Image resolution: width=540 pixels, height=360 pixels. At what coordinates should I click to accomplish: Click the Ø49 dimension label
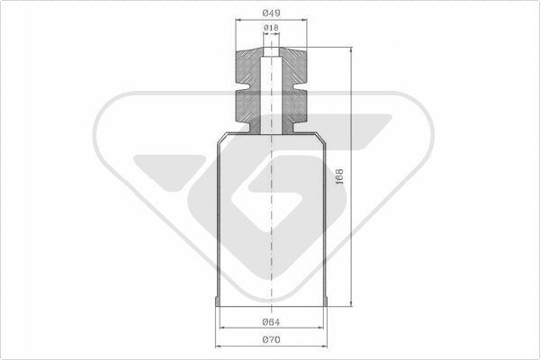pos(272,13)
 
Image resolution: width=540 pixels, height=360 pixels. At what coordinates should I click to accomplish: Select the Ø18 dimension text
pos(271,28)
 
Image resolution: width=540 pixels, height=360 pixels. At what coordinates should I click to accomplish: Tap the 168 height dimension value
pos(339,176)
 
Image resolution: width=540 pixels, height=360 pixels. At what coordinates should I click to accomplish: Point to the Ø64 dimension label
pos(272,322)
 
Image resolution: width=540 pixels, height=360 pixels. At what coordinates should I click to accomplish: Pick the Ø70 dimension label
pos(272,339)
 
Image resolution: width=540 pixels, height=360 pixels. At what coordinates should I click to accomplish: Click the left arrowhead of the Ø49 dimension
pos(238,20)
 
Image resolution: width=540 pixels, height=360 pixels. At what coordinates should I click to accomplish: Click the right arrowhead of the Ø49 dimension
pos(304,20)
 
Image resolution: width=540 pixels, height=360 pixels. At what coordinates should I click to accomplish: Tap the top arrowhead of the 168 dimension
pos(351,50)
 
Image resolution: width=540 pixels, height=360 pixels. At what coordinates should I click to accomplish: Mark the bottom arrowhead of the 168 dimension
pos(351,303)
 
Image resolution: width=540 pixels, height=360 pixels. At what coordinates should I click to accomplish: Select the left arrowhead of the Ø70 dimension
pos(219,346)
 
